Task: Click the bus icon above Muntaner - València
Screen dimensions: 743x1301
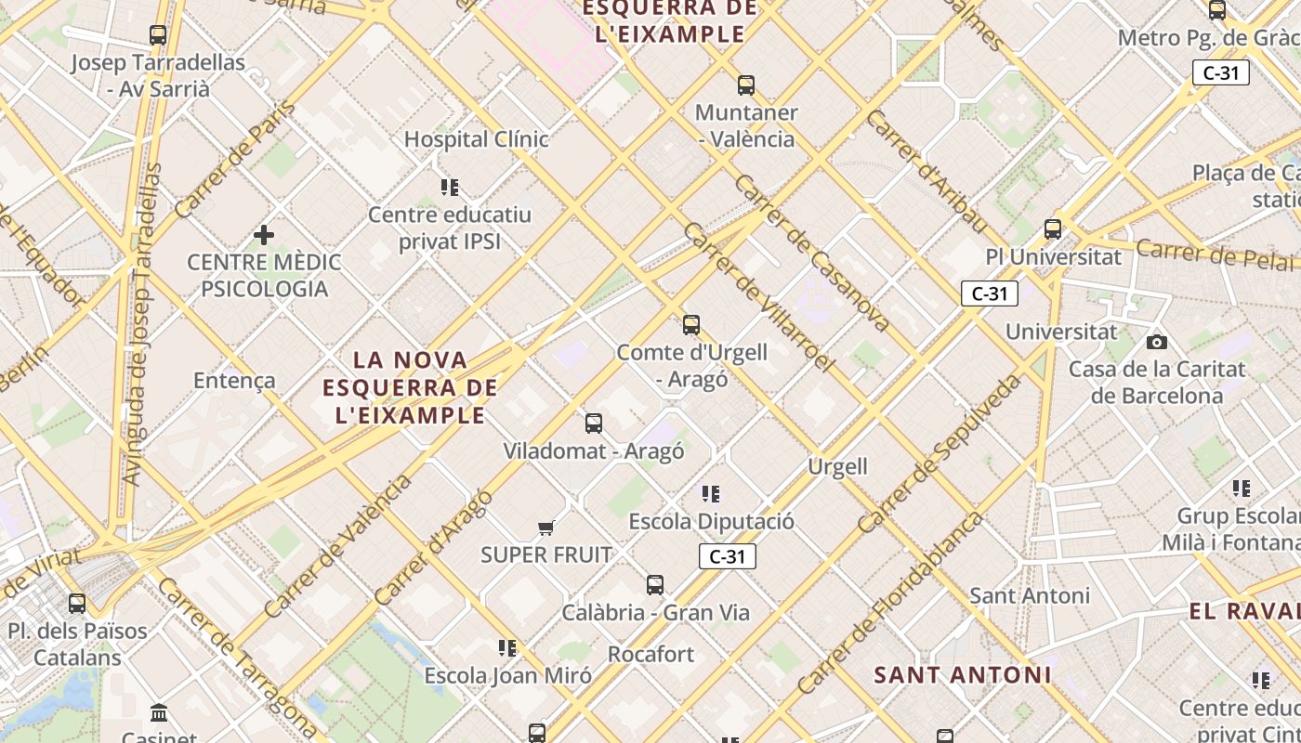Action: pyautogui.click(x=745, y=85)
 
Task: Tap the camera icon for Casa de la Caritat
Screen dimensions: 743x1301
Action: pyautogui.click(x=1157, y=342)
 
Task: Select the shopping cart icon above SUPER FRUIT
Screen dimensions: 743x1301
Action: pyautogui.click(x=545, y=528)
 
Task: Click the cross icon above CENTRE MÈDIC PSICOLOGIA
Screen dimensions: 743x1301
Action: pyautogui.click(x=264, y=235)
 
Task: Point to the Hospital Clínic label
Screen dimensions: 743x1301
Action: pyautogui.click(x=476, y=139)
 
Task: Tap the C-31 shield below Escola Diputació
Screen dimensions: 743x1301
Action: pyautogui.click(x=727, y=556)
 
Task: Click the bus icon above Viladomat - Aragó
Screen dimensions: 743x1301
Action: pyautogui.click(x=594, y=424)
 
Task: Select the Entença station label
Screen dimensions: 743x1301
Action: pyautogui.click(x=234, y=380)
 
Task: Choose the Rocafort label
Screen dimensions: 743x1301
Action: pyautogui.click(x=650, y=654)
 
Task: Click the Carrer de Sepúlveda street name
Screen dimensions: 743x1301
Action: pyautogui.click(x=939, y=453)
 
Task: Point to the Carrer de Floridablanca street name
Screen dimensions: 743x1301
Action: pyautogui.click(x=889, y=604)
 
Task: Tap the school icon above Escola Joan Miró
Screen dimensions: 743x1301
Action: pyautogui.click(x=507, y=647)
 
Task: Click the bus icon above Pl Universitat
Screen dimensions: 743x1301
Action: pyautogui.click(x=1053, y=228)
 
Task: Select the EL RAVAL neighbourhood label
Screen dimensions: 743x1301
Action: pyautogui.click(x=1243, y=611)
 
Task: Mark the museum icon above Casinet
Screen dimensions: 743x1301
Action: pyautogui.click(x=159, y=713)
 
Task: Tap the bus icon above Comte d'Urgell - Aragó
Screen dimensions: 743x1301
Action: pyautogui.click(x=690, y=325)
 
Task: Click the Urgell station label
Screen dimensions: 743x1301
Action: pyautogui.click(x=837, y=466)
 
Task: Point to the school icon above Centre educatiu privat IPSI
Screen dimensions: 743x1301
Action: pyautogui.click(x=450, y=188)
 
